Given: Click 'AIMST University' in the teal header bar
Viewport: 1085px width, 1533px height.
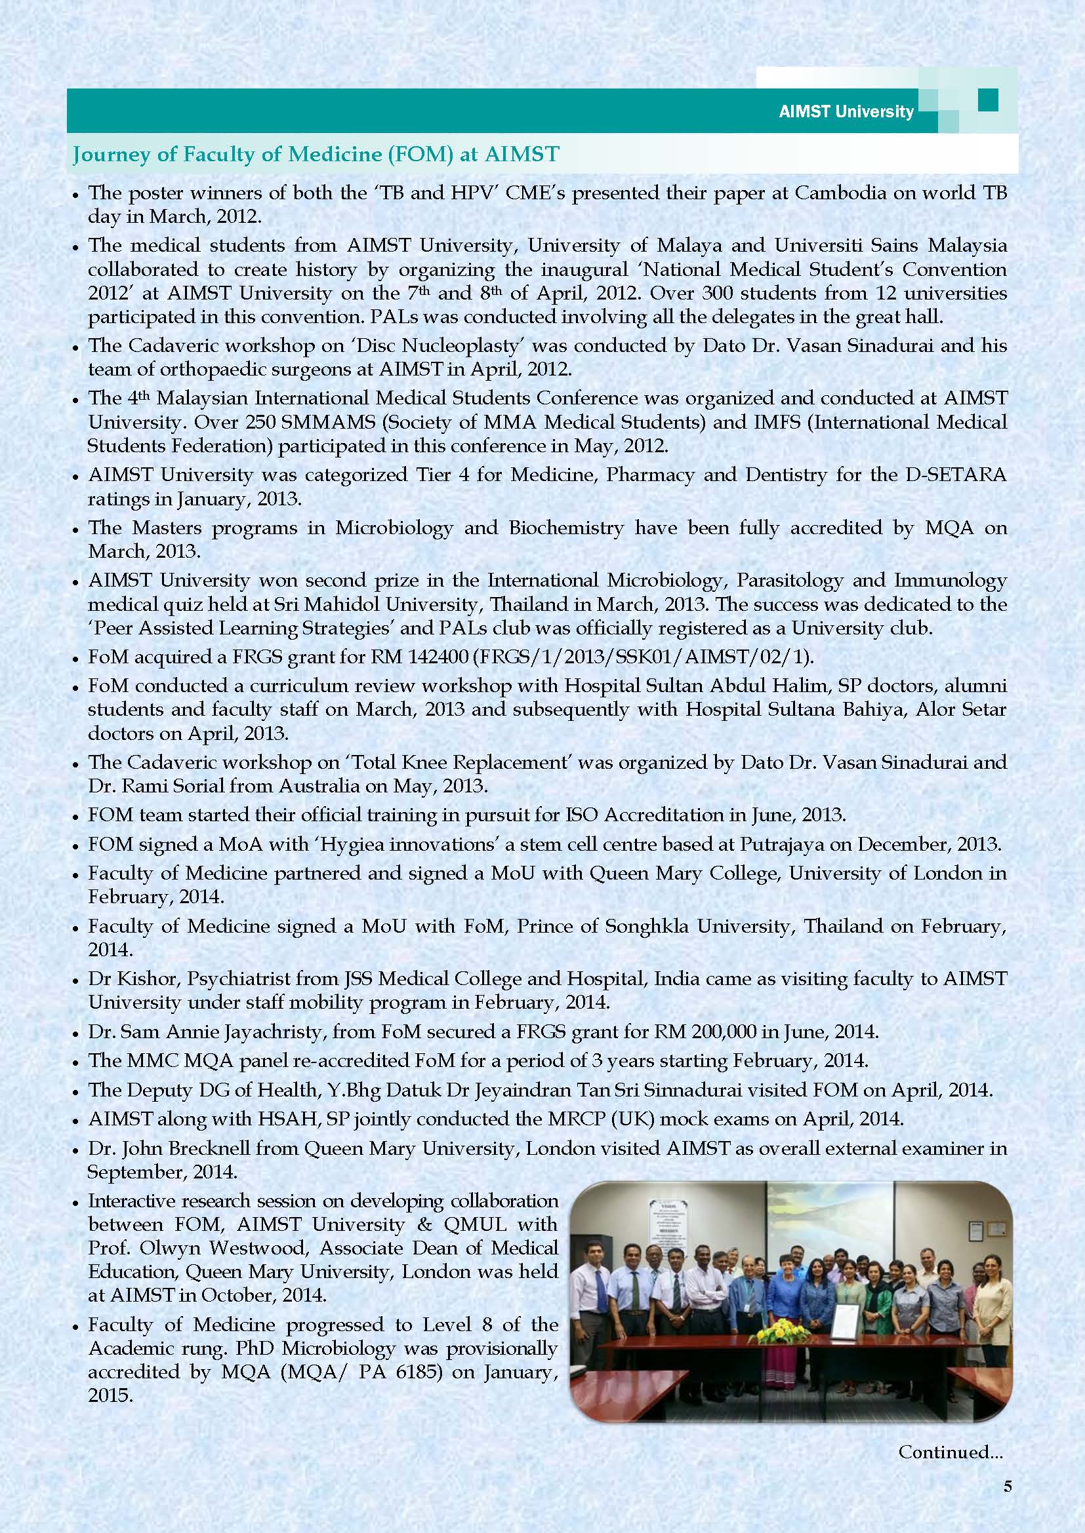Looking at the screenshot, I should pyautogui.click(x=846, y=111).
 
